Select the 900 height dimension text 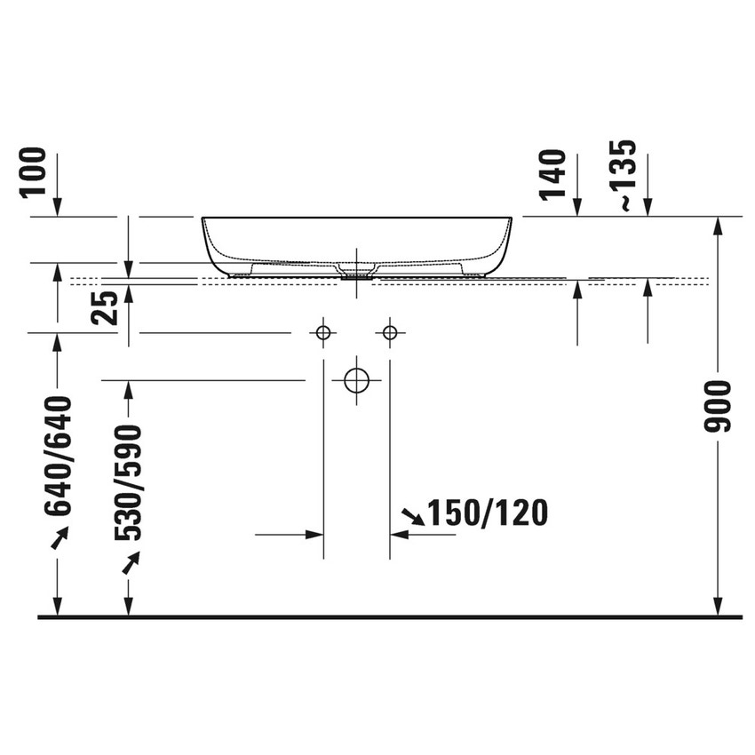[718, 406]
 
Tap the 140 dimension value [552, 174]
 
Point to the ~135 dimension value [627, 174]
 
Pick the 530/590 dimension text [129, 483]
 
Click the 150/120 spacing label [487, 513]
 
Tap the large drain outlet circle [356, 379]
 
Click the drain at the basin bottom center [356, 273]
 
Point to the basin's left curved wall [211, 244]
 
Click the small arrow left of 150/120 [413, 514]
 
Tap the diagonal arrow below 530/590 [131, 563]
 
